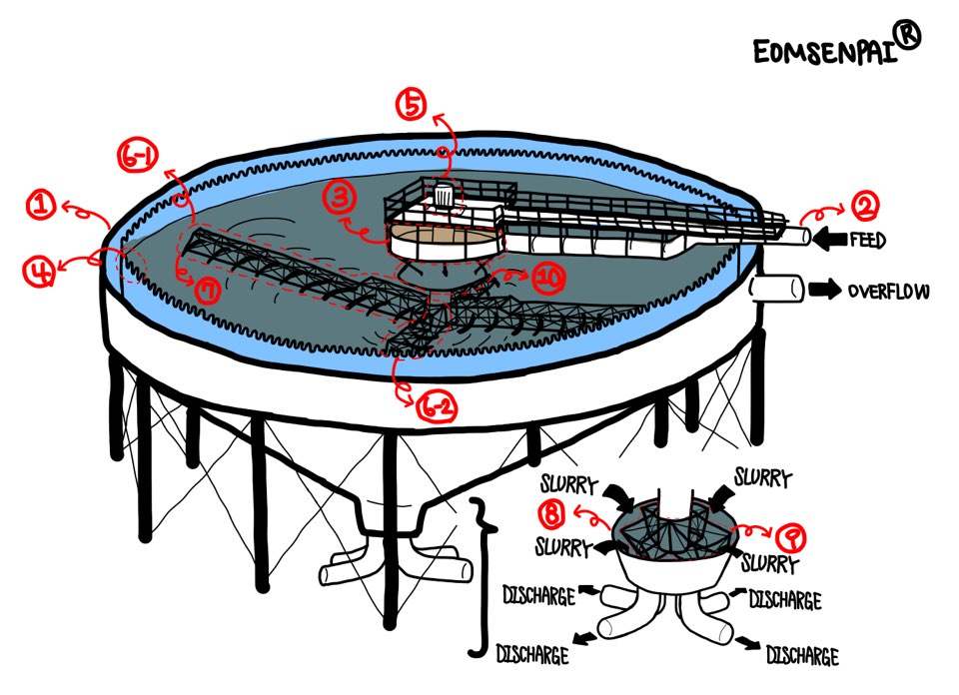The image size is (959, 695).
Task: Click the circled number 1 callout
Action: click(41, 206)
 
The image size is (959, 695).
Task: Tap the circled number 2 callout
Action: click(862, 208)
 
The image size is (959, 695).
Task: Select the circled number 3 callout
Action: click(340, 198)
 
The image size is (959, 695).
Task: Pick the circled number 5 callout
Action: click(411, 105)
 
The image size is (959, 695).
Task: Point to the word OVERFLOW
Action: click(888, 292)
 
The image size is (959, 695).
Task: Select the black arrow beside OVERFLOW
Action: click(825, 291)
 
